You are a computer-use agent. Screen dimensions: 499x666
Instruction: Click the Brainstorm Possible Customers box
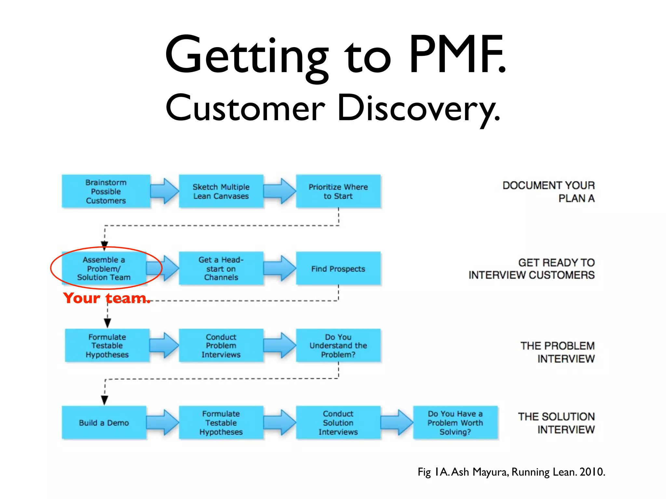106,191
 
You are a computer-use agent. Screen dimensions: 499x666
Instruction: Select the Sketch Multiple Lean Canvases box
221,191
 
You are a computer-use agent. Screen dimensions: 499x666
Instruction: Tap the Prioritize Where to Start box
338,191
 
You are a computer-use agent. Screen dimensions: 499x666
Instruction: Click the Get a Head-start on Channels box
221,268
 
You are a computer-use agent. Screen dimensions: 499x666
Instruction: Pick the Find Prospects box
338,268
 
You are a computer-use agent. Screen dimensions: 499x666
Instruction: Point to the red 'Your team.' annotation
107,298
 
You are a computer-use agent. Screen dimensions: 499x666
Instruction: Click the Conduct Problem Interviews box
221,345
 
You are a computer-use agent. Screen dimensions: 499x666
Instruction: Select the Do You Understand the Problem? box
338,345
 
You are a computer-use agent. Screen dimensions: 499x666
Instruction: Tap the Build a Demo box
104,423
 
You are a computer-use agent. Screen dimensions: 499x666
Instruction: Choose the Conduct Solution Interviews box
338,423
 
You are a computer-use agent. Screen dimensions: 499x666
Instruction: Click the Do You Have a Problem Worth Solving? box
455,423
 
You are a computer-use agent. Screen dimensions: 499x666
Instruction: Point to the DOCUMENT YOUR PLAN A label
548,192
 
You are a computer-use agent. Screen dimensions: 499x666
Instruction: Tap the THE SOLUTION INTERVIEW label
556,423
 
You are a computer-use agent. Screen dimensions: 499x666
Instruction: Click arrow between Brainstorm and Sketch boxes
165,191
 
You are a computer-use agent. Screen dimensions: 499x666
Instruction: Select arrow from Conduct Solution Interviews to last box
397,422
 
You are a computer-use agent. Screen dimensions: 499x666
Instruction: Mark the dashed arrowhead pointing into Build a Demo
105,400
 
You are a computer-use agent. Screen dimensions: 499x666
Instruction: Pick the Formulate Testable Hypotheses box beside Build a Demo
221,423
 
